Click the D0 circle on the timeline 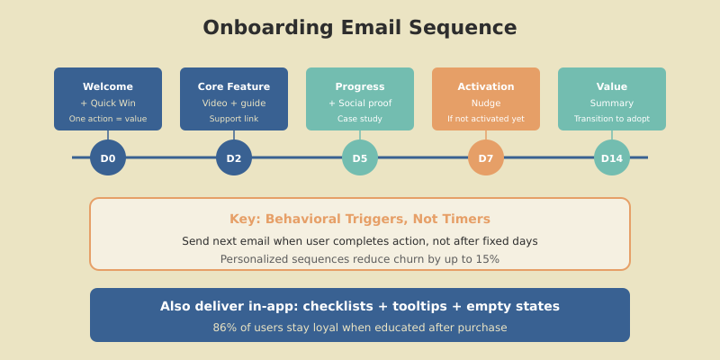[108, 158]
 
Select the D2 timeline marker [234, 158]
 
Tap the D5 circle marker [360, 158]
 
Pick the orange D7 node [486, 158]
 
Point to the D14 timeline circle [612, 158]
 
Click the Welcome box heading [108, 86]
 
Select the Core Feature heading [234, 86]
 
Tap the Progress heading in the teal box [360, 86]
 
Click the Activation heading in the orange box [486, 86]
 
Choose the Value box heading [612, 86]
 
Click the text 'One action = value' [108, 119]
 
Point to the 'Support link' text [234, 119]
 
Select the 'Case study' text [360, 119]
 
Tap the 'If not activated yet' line [486, 119]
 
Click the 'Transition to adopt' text [612, 119]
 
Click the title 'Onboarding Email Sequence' [360, 28]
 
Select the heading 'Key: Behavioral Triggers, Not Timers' [360, 219]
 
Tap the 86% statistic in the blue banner [224, 328]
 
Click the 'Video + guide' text [234, 103]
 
